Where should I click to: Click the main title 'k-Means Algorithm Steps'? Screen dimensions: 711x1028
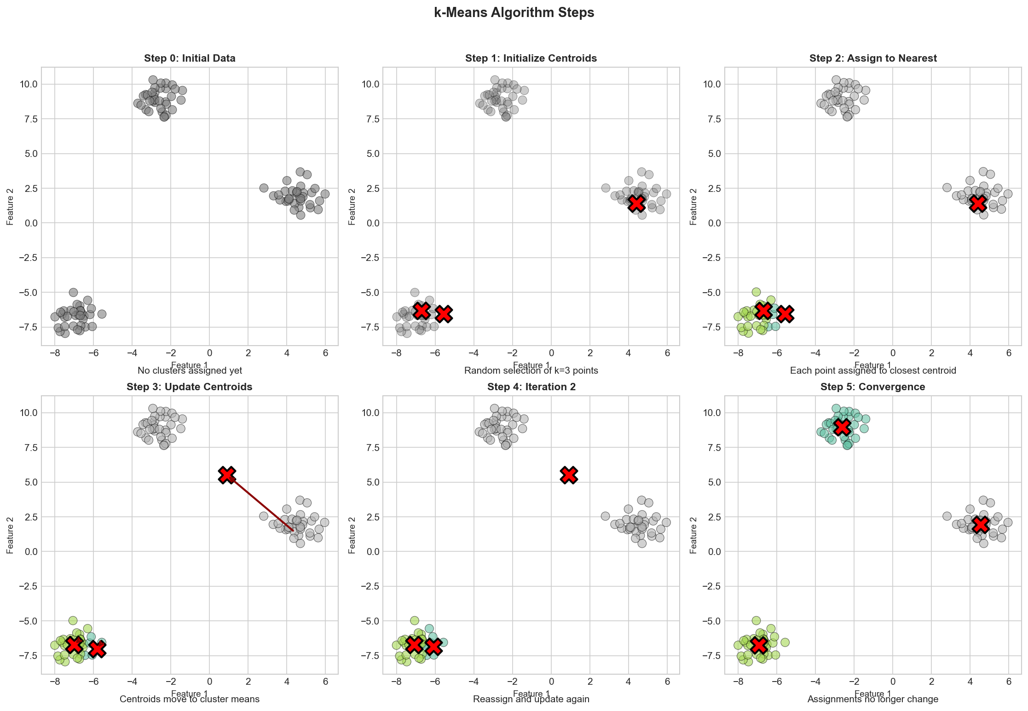[x=514, y=13]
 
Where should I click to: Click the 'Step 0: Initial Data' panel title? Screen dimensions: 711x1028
[x=190, y=58]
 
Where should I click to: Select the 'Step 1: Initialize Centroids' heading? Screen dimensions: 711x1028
[x=531, y=58]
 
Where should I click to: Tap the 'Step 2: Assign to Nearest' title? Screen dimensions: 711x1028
[x=873, y=58]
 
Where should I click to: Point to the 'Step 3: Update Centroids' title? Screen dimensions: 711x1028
[x=190, y=387]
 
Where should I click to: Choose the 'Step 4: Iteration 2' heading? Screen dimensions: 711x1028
[x=531, y=387]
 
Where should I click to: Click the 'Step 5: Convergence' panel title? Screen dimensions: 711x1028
[x=872, y=387]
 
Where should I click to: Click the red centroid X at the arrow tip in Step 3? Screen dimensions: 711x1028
[x=227, y=474]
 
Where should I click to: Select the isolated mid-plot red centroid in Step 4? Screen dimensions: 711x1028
[x=569, y=474]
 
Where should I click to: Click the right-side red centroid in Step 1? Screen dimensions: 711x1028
[x=637, y=202]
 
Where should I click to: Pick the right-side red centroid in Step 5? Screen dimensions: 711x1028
[x=981, y=524]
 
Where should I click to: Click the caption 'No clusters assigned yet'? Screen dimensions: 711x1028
[x=190, y=370]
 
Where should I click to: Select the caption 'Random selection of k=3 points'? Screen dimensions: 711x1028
[x=531, y=370]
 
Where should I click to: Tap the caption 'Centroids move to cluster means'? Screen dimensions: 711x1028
[x=190, y=699]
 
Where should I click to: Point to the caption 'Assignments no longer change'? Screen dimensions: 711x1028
[x=872, y=699]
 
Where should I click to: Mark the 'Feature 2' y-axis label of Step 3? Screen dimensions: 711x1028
[x=10, y=535]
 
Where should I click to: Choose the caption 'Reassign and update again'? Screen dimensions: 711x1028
[x=531, y=699]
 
